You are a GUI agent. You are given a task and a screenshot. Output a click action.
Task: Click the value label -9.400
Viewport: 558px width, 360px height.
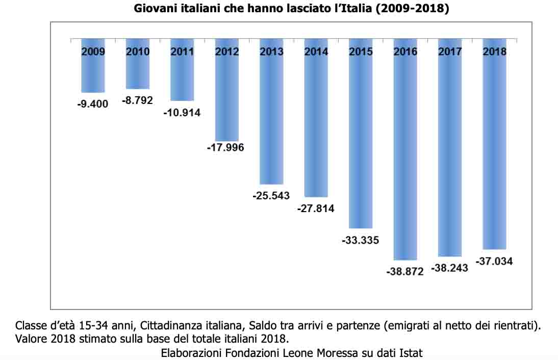93,104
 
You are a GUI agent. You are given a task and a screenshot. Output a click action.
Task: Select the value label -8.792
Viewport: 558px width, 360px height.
137,100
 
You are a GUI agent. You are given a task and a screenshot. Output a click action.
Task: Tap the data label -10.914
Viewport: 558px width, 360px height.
182,113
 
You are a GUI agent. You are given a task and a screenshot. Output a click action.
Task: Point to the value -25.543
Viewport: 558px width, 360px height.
271,195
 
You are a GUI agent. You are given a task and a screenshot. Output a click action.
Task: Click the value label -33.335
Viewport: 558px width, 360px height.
360,240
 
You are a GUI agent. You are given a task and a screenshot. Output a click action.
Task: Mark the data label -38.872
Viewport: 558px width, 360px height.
405,272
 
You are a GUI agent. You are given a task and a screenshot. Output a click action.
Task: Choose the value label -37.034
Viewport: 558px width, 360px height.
494,262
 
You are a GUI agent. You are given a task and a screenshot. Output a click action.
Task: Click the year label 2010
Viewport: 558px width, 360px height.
138,52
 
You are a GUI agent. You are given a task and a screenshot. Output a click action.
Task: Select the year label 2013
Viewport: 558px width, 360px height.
271,52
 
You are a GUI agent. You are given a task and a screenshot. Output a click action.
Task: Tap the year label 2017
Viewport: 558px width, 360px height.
450,52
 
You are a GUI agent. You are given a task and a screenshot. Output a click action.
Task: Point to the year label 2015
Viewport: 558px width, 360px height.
361,52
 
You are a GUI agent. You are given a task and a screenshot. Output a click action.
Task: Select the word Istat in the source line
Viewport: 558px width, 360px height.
412,352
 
